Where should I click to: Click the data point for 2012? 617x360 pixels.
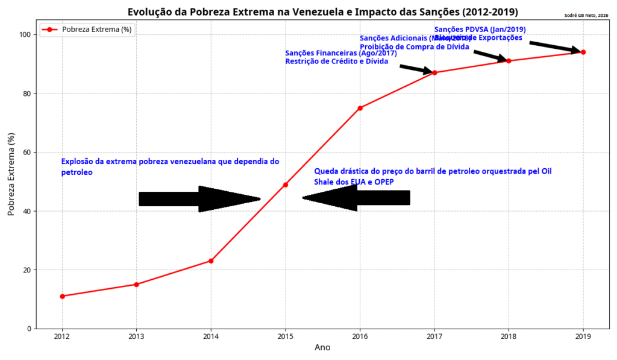[62, 296]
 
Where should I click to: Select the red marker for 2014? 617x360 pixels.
[211, 261]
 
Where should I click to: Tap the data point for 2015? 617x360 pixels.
[285, 185]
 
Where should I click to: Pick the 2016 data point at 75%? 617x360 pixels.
[360, 108]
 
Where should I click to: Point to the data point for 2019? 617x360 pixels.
[583, 52]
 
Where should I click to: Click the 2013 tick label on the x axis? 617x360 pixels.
[136, 336]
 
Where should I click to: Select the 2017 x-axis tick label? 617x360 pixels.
[434, 336]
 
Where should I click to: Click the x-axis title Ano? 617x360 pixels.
[322, 348]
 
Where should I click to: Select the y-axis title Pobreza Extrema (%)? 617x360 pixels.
[11, 174]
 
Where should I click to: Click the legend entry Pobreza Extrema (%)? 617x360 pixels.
[97, 29]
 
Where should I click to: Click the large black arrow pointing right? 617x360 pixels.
[199, 198]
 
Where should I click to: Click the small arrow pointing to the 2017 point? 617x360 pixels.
[416, 69]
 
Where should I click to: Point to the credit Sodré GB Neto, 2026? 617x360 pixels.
[586, 16]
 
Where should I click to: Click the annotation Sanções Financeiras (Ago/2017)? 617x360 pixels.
[340, 53]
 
